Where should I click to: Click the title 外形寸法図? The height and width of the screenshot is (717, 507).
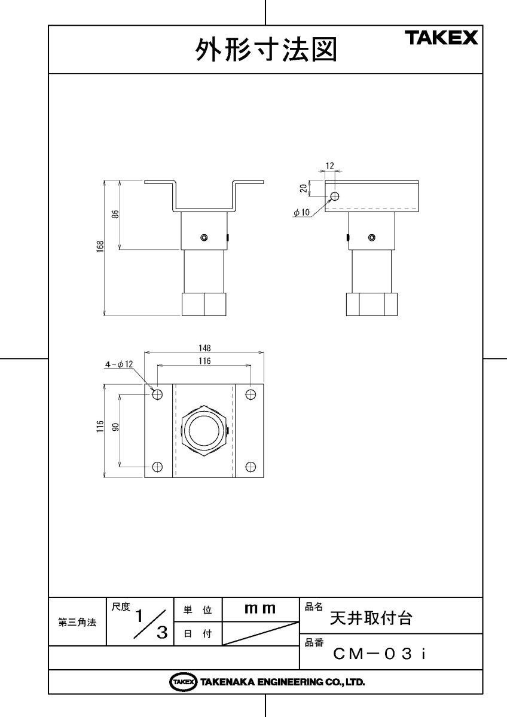(266, 51)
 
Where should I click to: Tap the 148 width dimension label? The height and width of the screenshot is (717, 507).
(204, 348)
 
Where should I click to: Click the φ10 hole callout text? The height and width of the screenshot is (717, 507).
(301, 212)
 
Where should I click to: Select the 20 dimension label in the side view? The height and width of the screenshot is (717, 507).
(303, 188)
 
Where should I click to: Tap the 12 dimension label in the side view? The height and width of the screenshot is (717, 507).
(329, 166)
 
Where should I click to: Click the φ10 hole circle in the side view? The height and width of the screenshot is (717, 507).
(334, 196)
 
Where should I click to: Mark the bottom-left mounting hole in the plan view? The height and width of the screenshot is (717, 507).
(158, 467)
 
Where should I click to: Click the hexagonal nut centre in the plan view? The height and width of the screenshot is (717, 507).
(204, 431)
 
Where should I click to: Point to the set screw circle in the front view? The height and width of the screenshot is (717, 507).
(204, 238)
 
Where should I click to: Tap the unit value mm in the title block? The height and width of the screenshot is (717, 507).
(260, 609)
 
